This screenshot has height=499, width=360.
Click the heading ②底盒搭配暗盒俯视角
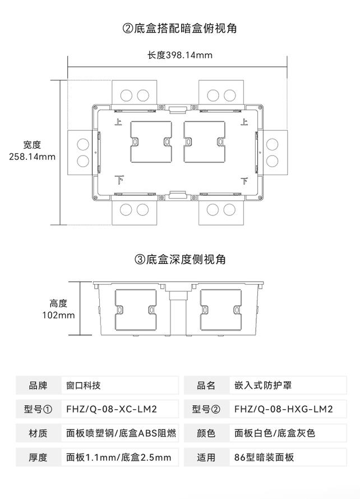coord(179,28)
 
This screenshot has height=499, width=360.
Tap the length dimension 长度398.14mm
coord(180,55)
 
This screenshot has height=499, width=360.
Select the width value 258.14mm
coord(33,157)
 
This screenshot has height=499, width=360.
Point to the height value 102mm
coord(58,315)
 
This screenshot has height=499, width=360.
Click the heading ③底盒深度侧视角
coord(180,259)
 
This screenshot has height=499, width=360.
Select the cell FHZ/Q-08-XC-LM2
coord(112,409)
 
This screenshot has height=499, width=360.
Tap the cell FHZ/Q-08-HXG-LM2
coord(284,409)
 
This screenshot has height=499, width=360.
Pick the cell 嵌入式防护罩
coord(263,386)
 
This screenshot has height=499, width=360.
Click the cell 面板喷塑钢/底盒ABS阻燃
coord(121,433)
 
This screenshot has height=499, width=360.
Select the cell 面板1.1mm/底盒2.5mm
coord(118,457)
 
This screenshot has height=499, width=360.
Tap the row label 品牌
coord(38,386)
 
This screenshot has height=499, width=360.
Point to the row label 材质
coord(38,433)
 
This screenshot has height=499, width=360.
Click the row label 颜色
coord(206,433)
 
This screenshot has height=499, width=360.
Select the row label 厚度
coord(38,457)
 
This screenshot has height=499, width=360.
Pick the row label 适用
coord(206,457)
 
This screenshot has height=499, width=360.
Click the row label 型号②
coord(206,409)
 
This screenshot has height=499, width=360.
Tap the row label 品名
coord(206,386)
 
